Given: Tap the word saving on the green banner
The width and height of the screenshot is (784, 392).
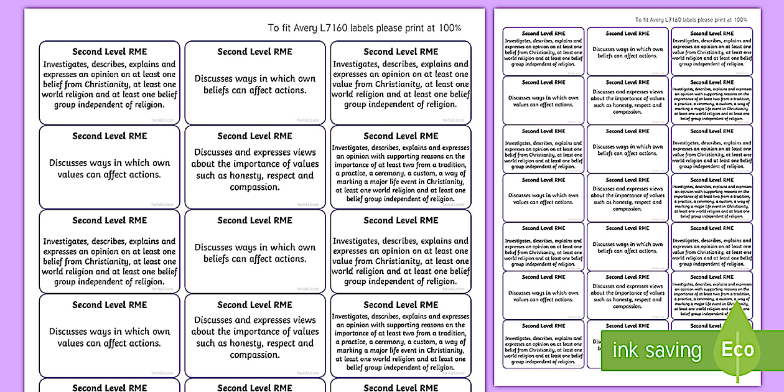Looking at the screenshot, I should coord(673,351).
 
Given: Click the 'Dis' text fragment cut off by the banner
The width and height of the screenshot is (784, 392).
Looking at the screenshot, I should coord(595,341).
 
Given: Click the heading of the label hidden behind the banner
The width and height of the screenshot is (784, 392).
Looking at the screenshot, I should coord(627,326).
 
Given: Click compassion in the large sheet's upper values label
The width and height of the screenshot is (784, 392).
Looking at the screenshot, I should coord(254,187).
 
